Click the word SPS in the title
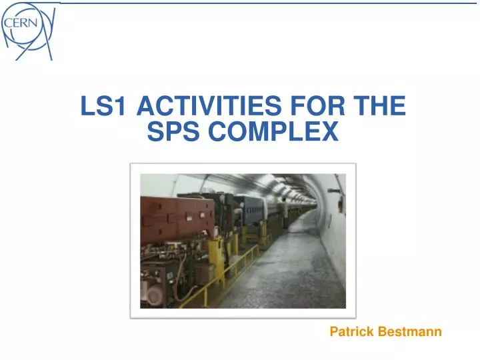[174, 133]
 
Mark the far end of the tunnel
[313, 203]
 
